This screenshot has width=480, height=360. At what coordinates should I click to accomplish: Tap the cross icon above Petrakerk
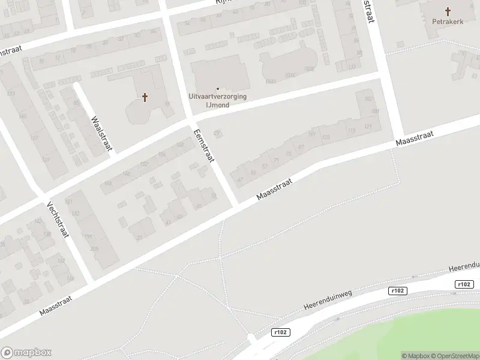coord(448,11)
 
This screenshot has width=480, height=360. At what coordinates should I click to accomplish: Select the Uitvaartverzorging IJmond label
coord(218,100)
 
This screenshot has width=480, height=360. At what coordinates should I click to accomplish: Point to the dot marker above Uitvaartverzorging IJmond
coord(218,89)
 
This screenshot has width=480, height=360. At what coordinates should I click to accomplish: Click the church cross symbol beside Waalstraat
coord(145,97)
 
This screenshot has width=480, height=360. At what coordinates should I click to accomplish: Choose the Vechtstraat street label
coord(58,219)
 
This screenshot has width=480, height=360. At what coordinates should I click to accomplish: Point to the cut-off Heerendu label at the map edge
coord(464,266)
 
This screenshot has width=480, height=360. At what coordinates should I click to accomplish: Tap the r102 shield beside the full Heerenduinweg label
coord(398,291)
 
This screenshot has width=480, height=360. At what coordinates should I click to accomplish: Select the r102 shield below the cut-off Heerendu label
coord(464,284)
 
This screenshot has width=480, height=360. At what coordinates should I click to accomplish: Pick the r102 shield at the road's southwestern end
coord(280,332)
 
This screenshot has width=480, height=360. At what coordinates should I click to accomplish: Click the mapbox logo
coord(26,353)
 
